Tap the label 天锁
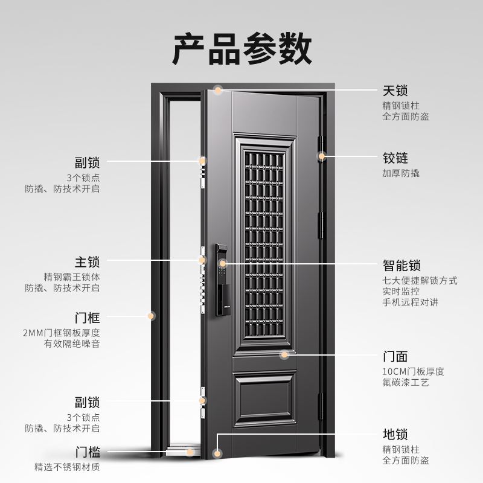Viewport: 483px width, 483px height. tap(395, 91)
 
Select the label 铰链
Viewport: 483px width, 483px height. tap(395, 158)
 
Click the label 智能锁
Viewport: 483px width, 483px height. tap(401, 266)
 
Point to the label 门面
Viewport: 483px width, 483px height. tap(395, 356)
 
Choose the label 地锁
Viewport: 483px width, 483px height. tap(395, 434)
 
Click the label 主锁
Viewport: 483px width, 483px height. tap(87, 263)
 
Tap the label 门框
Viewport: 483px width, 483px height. tap(87, 318)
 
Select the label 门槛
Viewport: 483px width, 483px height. tap(87, 452)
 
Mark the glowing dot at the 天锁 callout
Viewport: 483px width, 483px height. tap(219, 91)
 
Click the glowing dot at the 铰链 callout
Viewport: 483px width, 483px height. tap(322, 156)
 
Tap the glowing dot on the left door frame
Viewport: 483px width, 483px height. tap(151, 315)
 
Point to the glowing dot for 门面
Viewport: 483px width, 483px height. tap(284, 354)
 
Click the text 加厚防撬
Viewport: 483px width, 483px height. tap(401, 173)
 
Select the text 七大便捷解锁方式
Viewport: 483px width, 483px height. tap(420, 281)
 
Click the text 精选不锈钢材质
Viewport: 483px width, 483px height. tap(67, 467)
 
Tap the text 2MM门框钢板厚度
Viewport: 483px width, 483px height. tap(62, 333)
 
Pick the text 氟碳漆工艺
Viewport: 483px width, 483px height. tap(406, 383)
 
